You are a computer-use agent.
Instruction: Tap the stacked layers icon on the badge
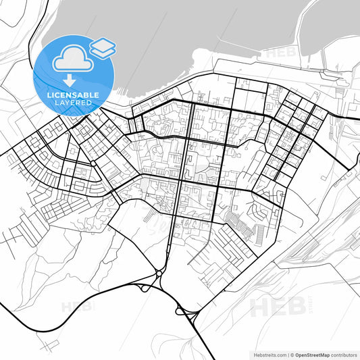[102, 47]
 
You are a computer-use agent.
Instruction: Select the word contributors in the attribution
[342, 354]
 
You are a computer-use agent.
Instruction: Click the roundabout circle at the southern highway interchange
[157, 274]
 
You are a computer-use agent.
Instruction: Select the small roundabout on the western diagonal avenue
[92, 164]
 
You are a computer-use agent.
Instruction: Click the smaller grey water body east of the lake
[331, 27]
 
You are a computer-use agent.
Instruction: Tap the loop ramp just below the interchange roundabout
[145, 288]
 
